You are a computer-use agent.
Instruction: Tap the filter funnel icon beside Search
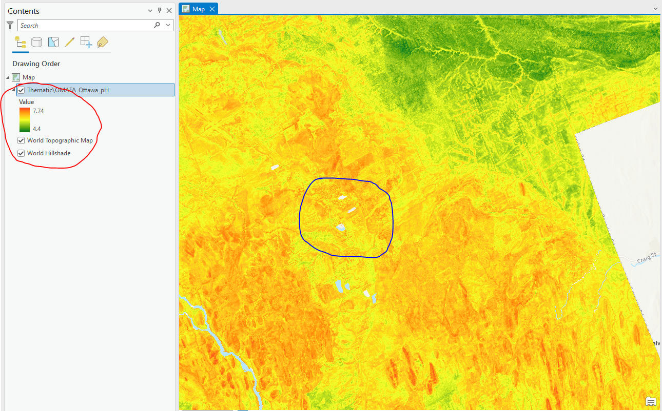10,25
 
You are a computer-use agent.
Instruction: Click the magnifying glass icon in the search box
157,25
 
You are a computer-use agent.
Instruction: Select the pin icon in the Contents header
160,11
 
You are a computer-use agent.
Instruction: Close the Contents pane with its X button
169,11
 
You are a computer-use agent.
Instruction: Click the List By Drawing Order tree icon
21,43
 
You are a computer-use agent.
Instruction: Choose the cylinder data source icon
36,43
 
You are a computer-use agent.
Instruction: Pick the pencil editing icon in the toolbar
70,43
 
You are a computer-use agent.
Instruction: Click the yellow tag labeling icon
103,43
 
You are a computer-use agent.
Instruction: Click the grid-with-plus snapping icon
86,43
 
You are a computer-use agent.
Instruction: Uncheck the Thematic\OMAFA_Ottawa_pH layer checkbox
21,90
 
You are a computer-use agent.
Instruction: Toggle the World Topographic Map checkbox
21,140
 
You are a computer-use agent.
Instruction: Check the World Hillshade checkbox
21,153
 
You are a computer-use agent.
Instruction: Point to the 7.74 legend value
38,111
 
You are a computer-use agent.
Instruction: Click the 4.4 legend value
36,129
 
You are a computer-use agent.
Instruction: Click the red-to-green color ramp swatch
24,119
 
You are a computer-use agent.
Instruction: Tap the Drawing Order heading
36,64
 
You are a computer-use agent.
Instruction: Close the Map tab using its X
212,9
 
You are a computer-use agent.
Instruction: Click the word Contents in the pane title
24,11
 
